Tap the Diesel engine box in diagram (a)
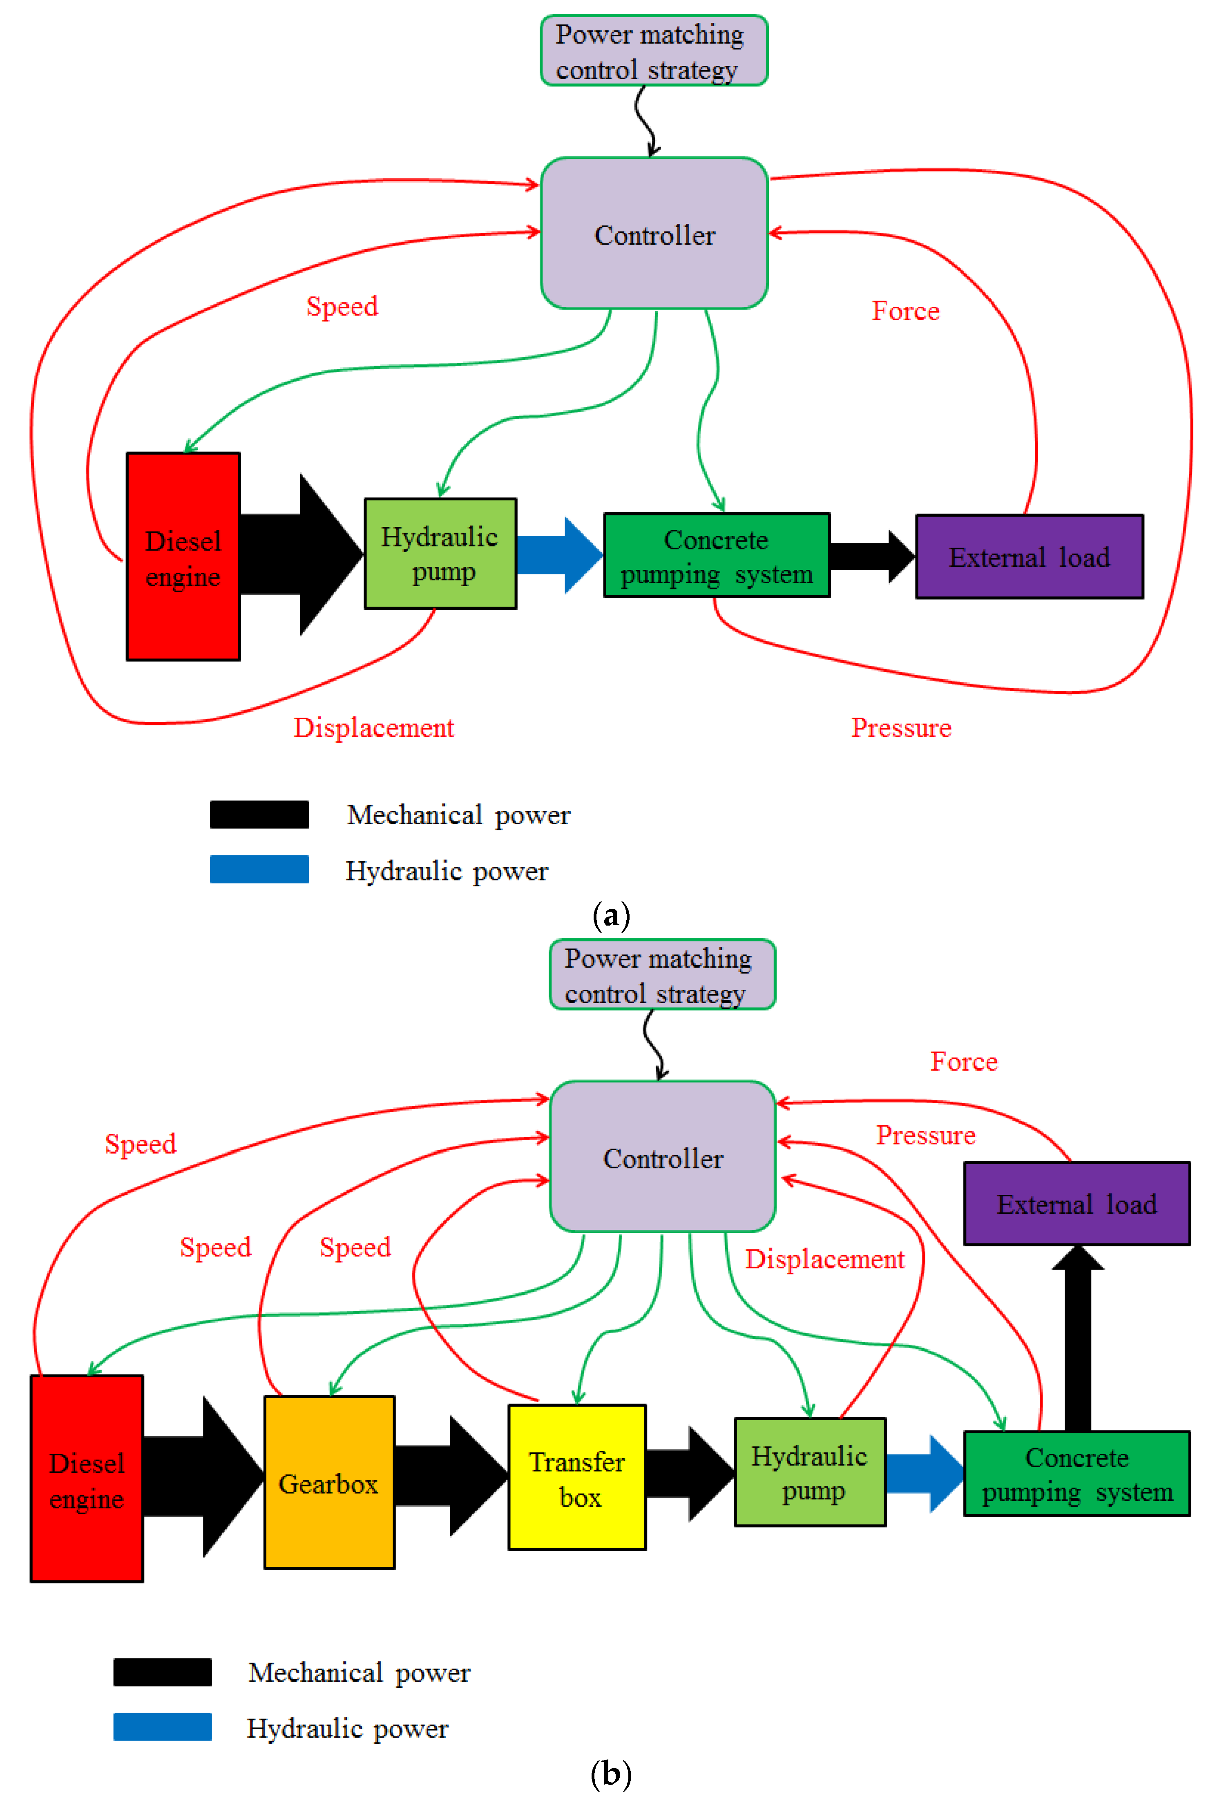click(x=183, y=556)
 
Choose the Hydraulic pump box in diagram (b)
click(x=810, y=1472)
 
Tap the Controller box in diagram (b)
click(x=663, y=1157)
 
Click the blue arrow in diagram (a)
click(x=558, y=555)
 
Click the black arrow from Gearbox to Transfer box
click(x=449, y=1476)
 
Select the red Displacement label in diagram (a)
click(x=373, y=727)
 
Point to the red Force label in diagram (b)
click(x=963, y=1061)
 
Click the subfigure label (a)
click(x=611, y=916)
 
